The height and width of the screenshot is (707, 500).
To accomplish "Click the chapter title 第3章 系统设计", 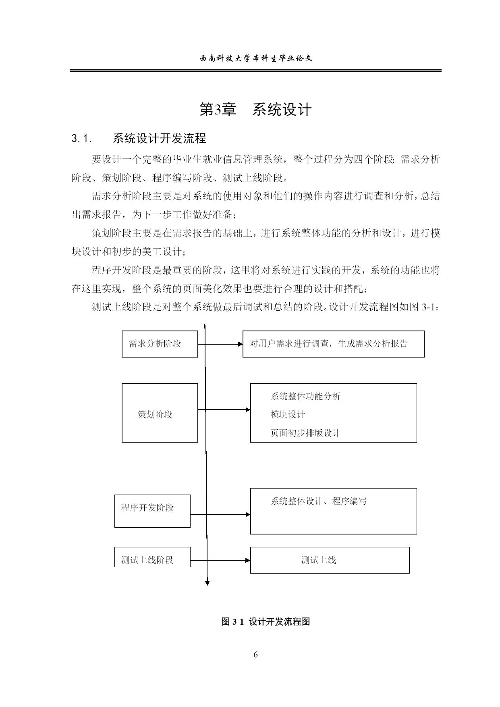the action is (x=255, y=109).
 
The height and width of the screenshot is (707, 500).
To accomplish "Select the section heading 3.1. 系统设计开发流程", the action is (x=139, y=139).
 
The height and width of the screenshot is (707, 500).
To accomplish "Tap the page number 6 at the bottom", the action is (x=255, y=654).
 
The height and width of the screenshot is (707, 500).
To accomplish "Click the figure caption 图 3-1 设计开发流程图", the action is (x=266, y=622).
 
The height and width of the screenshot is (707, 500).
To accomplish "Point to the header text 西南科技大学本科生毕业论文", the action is (x=256, y=58).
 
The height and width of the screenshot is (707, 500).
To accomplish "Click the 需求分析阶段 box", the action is (x=160, y=344).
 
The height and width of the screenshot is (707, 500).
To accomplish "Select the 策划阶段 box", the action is (x=160, y=413).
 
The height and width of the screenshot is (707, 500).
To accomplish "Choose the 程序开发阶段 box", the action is (x=152, y=511).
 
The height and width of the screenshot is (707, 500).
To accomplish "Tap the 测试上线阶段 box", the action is (x=152, y=557).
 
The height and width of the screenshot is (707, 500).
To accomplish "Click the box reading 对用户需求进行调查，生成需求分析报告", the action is (x=333, y=344).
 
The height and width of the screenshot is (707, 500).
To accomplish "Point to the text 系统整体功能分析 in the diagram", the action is (x=305, y=397).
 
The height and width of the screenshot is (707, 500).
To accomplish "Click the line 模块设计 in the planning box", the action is (x=288, y=414).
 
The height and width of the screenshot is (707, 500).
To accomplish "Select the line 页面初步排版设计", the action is (x=305, y=433).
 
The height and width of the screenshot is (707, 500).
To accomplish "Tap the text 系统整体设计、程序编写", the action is (x=319, y=501).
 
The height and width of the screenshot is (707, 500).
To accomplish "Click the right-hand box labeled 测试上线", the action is (x=330, y=560).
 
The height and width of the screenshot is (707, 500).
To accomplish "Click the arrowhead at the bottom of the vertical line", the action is (x=207, y=582).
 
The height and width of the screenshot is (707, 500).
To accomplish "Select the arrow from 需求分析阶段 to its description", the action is (x=220, y=344).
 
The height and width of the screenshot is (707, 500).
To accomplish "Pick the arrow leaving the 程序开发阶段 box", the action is (x=220, y=514).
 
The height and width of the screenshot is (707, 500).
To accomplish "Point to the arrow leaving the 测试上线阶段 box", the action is (x=220, y=560).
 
